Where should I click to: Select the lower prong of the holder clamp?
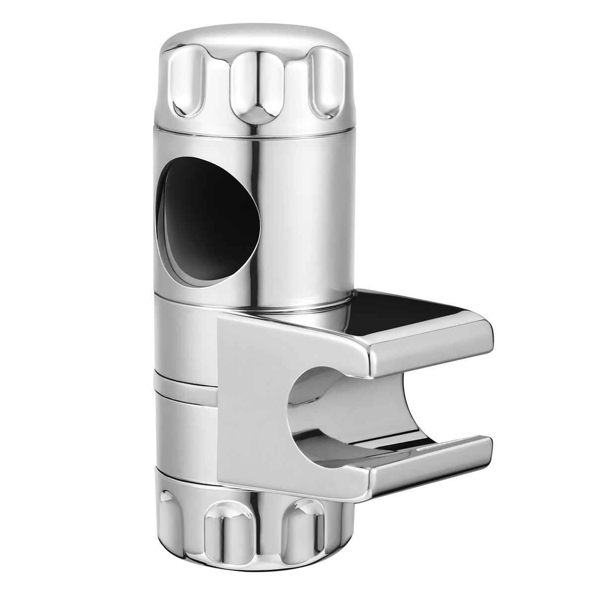coord(427,462)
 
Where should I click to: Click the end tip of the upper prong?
coord(484,343)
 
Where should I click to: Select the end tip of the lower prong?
coord(484,449)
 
